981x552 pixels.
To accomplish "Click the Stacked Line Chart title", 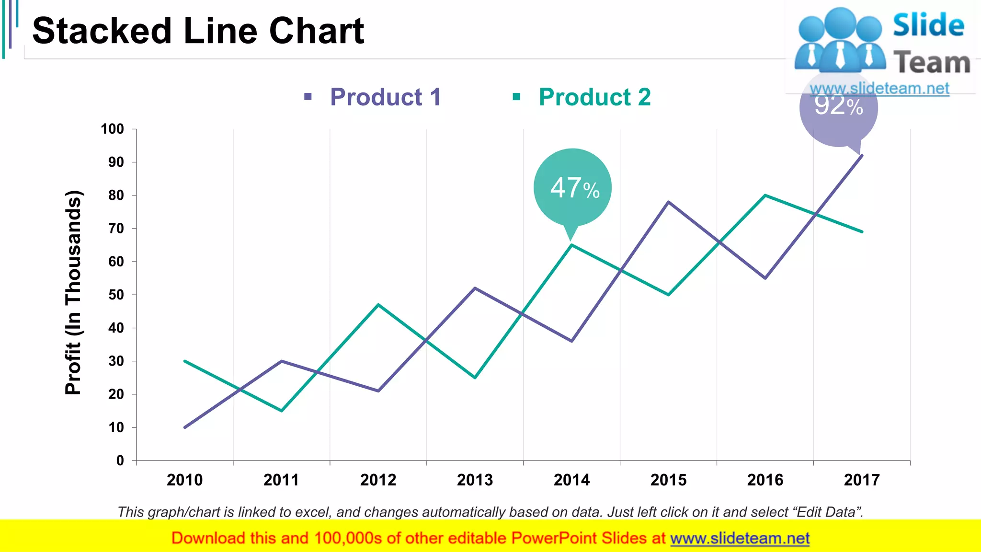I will tap(198, 31).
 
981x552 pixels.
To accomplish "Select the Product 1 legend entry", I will tap(385, 97).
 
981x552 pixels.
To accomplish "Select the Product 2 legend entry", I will tap(594, 97).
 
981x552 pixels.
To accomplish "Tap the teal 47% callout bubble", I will tap(572, 187).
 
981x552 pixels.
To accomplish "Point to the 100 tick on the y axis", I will tap(113, 129).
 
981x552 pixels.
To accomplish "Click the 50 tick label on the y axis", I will tap(116, 295).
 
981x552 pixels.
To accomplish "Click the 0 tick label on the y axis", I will tap(120, 460).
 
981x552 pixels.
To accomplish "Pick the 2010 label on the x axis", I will tap(185, 480).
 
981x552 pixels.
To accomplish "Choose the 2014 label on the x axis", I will tap(572, 480).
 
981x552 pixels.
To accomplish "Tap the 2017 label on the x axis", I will tap(862, 480).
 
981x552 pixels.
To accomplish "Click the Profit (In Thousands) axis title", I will tap(73, 292).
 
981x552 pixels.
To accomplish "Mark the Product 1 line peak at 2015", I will tap(669, 202).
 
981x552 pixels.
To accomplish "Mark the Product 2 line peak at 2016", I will tap(765, 195).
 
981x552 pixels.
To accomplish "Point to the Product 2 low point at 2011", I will tap(282, 410).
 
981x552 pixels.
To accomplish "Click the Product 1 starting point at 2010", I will tap(185, 427).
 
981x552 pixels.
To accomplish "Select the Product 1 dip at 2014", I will tap(572, 341).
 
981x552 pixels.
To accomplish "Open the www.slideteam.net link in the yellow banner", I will tap(740, 538).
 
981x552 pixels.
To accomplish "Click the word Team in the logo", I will tap(932, 63).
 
